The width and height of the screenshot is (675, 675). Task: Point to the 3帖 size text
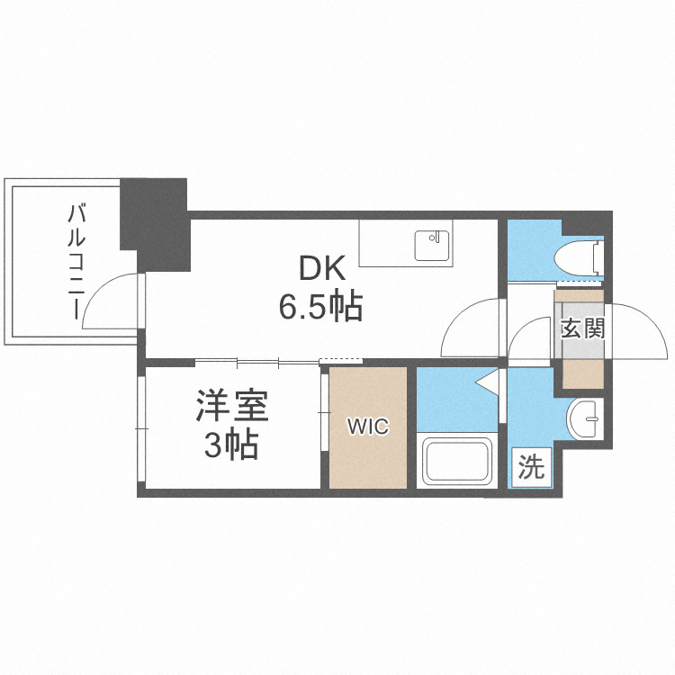(x=231, y=445)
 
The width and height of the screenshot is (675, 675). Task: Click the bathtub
(x=457, y=461)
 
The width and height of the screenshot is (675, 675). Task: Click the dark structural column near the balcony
(x=155, y=220)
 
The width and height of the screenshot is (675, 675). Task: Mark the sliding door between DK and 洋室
(x=256, y=362)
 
